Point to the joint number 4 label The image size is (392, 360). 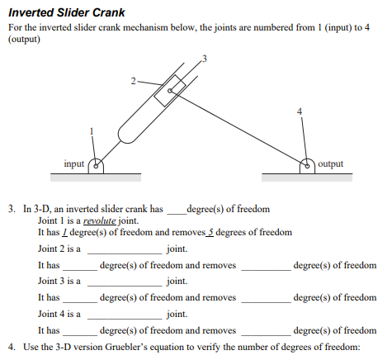(x=300, y=110)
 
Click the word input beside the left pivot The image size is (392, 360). (x=74, y=163)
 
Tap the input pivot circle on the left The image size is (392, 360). (x=96, y=164)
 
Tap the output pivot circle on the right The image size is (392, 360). (x=307, y=164)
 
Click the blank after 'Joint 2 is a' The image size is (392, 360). (x=125, y=249)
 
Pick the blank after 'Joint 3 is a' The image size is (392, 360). (x=125, y=281)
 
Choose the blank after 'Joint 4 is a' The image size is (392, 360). (x=125, y=314)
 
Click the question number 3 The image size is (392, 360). (x=11, y=209)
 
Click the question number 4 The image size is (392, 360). (x=11, y=346)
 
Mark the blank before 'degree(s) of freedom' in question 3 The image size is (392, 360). (x=176, y=210)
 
